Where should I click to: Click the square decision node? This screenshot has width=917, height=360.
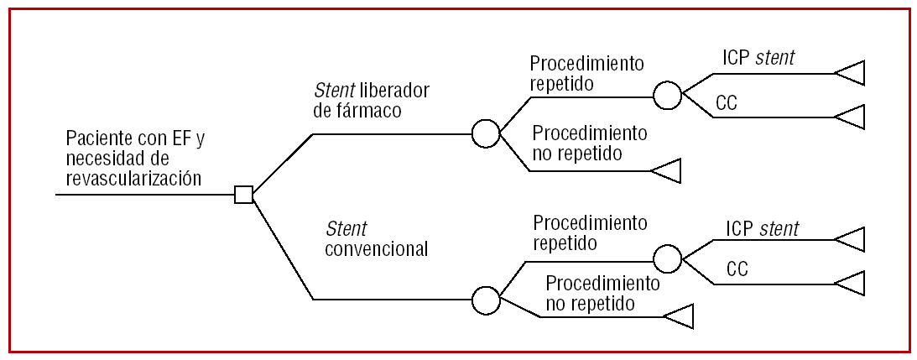[243, 195]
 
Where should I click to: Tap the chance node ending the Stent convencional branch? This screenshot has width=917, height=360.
[485, 299]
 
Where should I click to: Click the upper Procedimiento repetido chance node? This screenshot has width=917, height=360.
[667, 95]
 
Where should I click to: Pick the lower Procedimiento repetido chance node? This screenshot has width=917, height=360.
[667, 258]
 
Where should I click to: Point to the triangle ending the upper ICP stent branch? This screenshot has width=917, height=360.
[851, 73]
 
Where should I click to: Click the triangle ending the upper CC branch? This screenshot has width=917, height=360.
[851, 117]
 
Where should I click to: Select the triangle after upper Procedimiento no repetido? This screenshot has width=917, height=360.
[666, 171]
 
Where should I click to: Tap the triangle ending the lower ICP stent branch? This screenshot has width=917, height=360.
[851, 240]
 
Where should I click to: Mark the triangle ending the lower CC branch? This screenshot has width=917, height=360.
[851, 284]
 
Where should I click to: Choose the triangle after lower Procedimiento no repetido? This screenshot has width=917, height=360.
[678, 316]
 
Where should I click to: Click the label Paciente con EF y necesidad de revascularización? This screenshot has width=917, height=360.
[135, 158]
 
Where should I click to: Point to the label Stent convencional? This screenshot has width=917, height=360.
[376, 238]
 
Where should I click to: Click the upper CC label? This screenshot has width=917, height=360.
[727, 103]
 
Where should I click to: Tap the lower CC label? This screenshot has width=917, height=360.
[737, 269]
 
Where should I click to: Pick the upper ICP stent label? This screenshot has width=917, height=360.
[758, 59]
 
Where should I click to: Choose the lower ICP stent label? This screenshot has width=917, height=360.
[763, 228]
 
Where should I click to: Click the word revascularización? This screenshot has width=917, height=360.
[133, 177]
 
